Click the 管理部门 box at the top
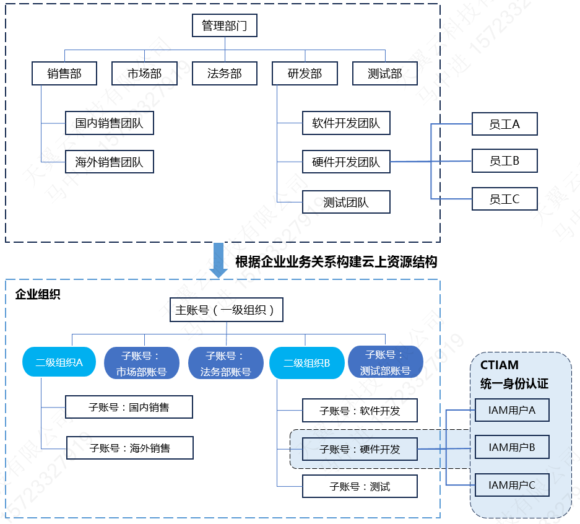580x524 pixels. point(224,26)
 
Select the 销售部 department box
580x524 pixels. point(64,74)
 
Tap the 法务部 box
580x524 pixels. point(225,74)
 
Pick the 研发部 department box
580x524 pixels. point(305,74)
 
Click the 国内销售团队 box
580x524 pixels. point(109,123)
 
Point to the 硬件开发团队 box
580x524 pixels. point(346,162)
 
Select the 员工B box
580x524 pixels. point(504,161)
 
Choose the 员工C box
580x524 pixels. point(504,199)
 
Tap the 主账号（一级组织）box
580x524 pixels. point(226,310)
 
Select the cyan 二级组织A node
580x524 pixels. point(59,362)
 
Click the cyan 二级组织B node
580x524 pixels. point(306,362)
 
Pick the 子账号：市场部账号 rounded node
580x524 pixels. point(142,363)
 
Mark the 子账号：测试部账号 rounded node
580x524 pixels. point(385,362)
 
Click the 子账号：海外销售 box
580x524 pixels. point(130,448)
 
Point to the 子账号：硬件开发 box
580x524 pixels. point(360,449)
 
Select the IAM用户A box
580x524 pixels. point(511,409)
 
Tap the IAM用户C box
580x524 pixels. point(511,485)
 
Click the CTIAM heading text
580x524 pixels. point(499,365)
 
